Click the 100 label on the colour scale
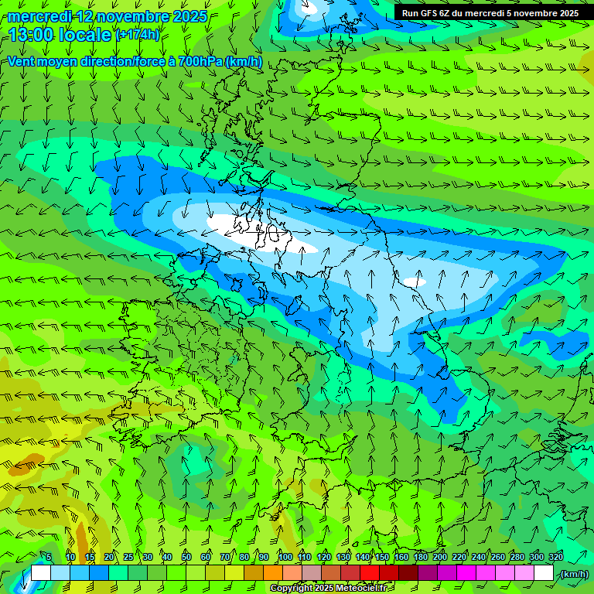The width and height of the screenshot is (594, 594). [285, 557]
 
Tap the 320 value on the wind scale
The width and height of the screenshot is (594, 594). [555, 557]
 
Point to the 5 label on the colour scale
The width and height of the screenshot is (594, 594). [49, 557]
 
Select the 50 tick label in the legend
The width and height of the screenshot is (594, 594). [186, 557]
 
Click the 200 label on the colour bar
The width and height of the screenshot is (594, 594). [440, 557]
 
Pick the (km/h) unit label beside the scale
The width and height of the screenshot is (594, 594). [574, 574]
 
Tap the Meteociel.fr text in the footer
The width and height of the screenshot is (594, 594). [363, 589]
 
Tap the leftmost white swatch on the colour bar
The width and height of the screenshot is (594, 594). [41, 573]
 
